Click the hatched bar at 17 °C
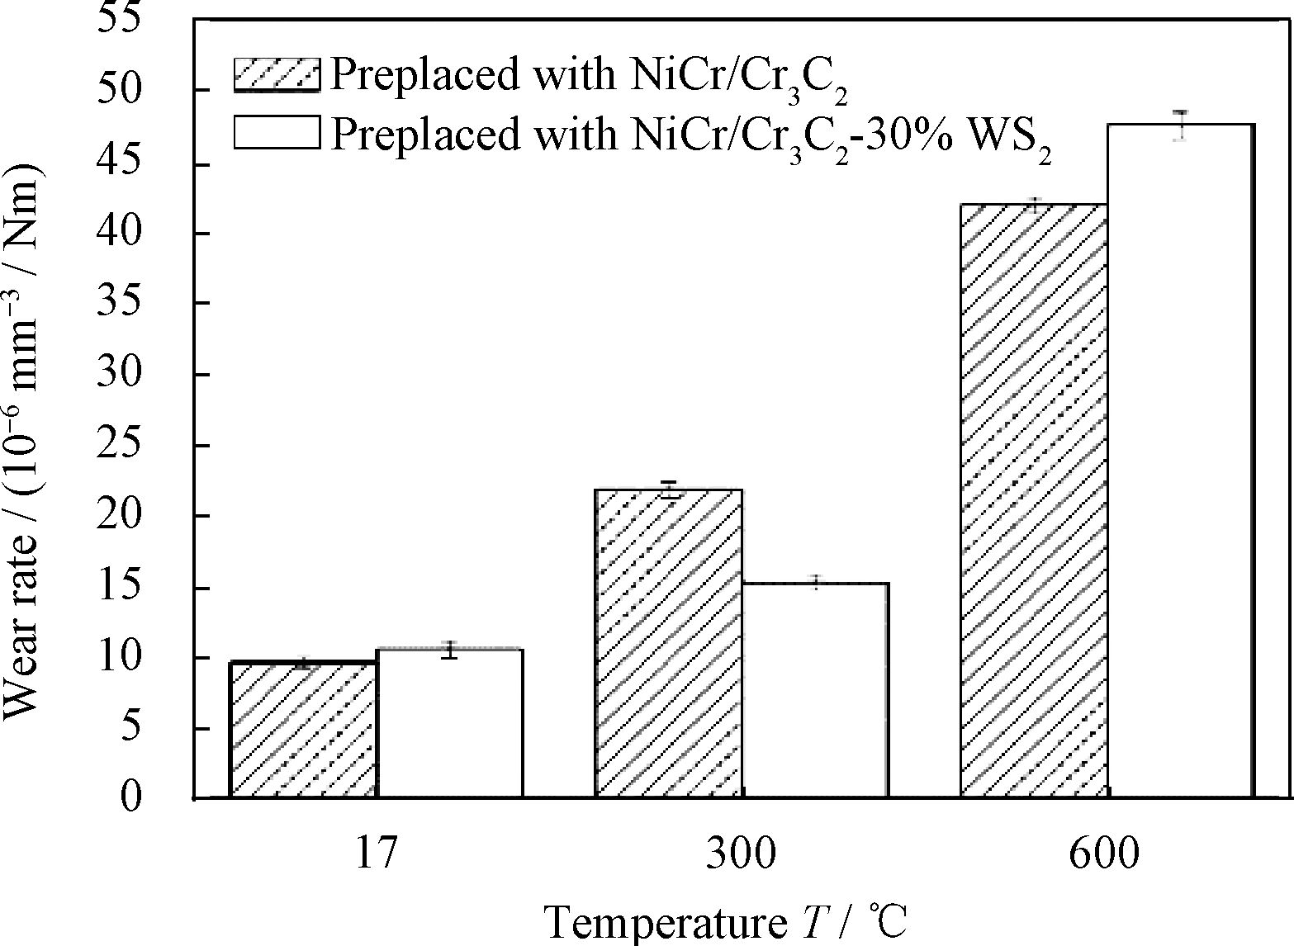(303, 730)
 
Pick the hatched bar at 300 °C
(669, 644)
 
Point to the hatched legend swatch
(277, 74)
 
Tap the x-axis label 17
(376, 854)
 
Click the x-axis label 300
(741, 854)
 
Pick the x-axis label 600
(1104, 854)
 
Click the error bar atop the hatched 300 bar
(669, 490)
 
